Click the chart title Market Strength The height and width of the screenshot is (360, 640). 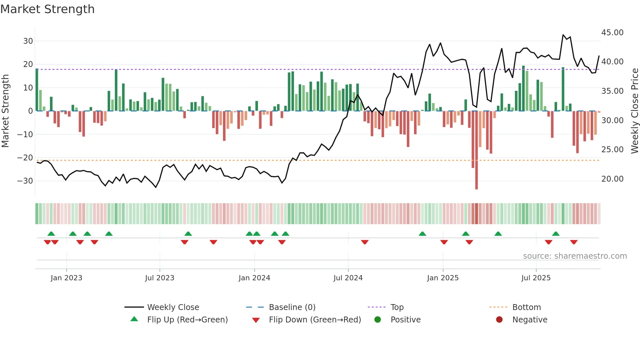[47, 9]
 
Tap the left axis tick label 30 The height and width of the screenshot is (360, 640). [28, 41]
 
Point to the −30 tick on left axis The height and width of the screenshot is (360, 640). [25, 181]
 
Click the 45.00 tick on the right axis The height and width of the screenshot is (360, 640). [612, 33]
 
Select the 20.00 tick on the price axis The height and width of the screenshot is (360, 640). [612, 179]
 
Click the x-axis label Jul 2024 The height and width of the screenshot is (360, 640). [348, 278]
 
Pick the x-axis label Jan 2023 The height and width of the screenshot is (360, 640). [66, 278]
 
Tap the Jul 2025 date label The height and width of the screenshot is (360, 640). [536, 278]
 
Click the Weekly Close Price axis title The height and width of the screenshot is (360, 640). [634, 111]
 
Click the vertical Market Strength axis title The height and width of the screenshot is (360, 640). [6, 111]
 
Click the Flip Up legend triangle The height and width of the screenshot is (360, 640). [134, 319]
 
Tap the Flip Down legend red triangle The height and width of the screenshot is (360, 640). [256, 320]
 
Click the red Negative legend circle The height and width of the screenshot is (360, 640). [499, 319]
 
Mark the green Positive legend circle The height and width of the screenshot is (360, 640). [378, 319]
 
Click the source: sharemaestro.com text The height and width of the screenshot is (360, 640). [575, 256]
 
